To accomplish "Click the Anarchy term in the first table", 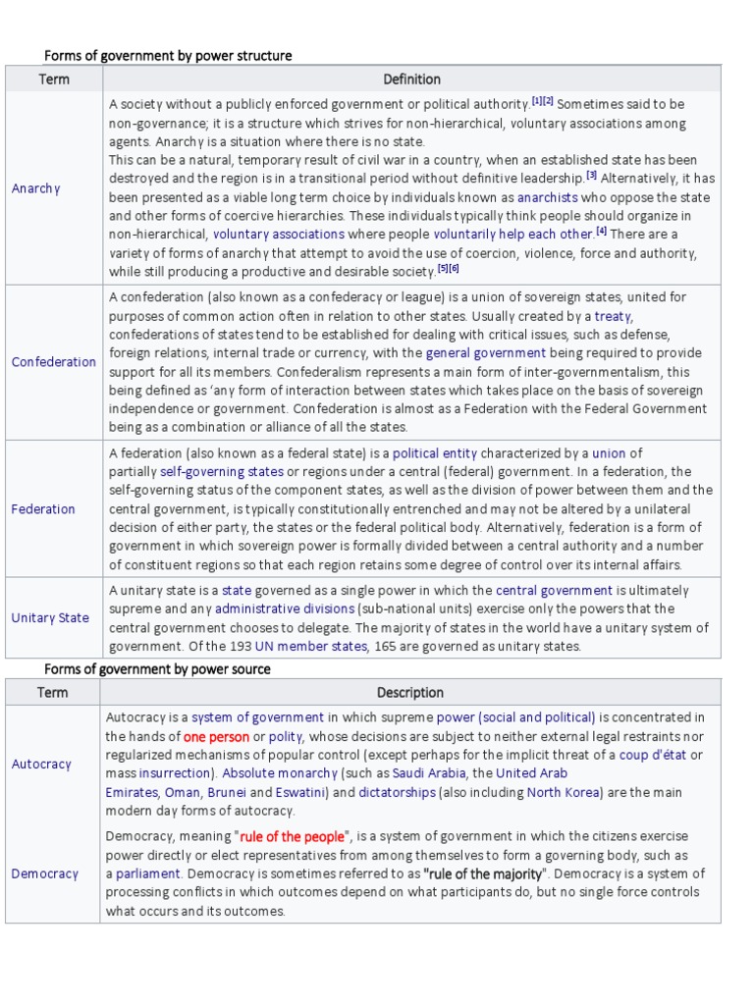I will pos(35,188).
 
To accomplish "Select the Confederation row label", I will pos(54,362).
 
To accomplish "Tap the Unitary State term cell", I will pos(50,617).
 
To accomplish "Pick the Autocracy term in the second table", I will pos(41,764).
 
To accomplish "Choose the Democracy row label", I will pos(44,873).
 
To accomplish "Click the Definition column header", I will pos(411,79).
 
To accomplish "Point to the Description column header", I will pos(410,692).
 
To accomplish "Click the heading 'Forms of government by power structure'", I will pos(168,56).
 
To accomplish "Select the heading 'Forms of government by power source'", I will pos(157,668).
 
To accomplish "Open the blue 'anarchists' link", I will pos(550,197).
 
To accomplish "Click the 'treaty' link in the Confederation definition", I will pos(614,316).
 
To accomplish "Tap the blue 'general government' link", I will pos(485,352).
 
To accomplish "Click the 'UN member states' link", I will pos(311,646).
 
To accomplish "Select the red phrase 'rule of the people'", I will pos(293,836).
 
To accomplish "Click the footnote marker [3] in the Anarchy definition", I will pos(592,176).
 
